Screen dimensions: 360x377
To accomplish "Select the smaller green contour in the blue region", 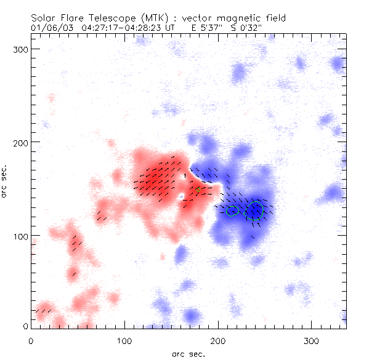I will [232, 210].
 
